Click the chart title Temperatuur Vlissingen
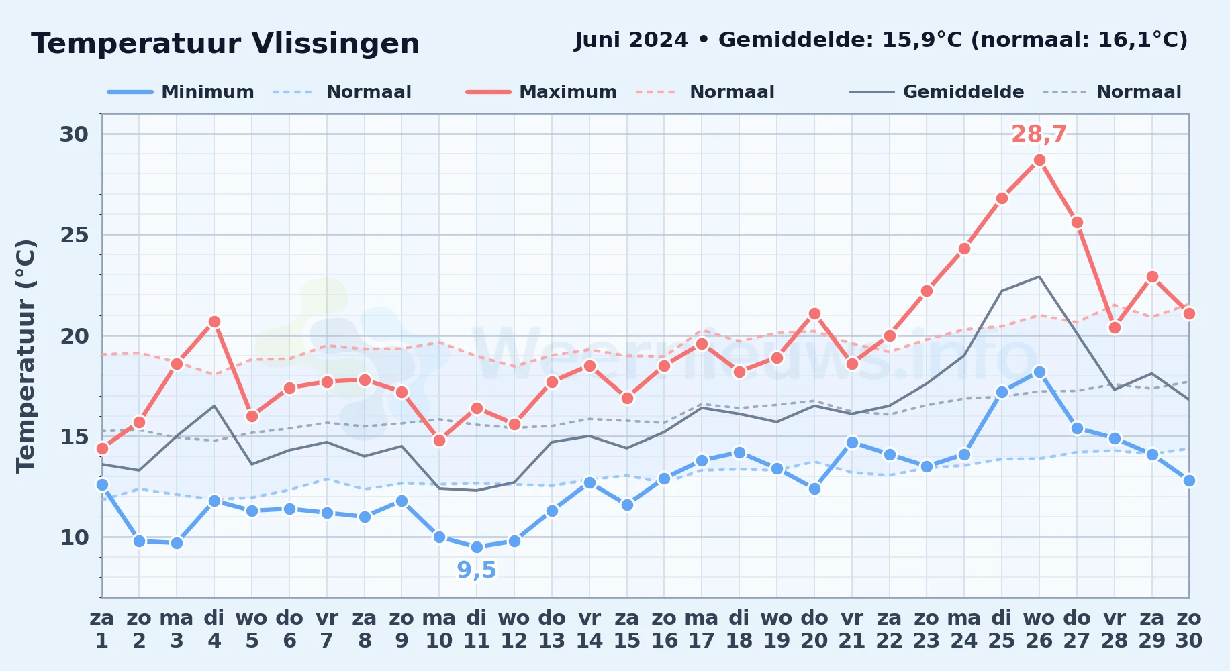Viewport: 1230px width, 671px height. pos(226,44)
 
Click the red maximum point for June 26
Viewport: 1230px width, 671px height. pos(1039,160)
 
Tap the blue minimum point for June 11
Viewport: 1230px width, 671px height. pos(477,547)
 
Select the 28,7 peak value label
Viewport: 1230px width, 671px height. pos(1039,134)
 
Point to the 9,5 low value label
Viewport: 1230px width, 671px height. pos(477,570)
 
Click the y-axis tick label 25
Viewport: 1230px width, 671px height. pos(74,235)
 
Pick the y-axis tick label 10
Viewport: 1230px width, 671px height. pos(74,537)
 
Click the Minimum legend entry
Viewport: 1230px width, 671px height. pos(181,92)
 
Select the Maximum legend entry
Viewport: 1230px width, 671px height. pos(541,92)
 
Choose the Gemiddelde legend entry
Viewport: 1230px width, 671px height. pos(937,92)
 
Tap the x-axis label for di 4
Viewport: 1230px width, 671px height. pos(214,629)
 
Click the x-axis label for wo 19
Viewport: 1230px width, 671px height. pos(777,629)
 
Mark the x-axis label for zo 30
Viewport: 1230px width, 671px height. pos(1189,629)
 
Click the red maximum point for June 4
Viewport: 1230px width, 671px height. pos(214,321)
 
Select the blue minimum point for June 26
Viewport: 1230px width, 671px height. pos(1039,372)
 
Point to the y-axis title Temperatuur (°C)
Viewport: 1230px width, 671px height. pos(26,356)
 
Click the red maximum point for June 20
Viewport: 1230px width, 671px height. pos(814,313)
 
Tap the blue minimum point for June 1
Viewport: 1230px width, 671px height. pos(102,484)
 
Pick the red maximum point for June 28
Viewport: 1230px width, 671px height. pos(1115,327)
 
